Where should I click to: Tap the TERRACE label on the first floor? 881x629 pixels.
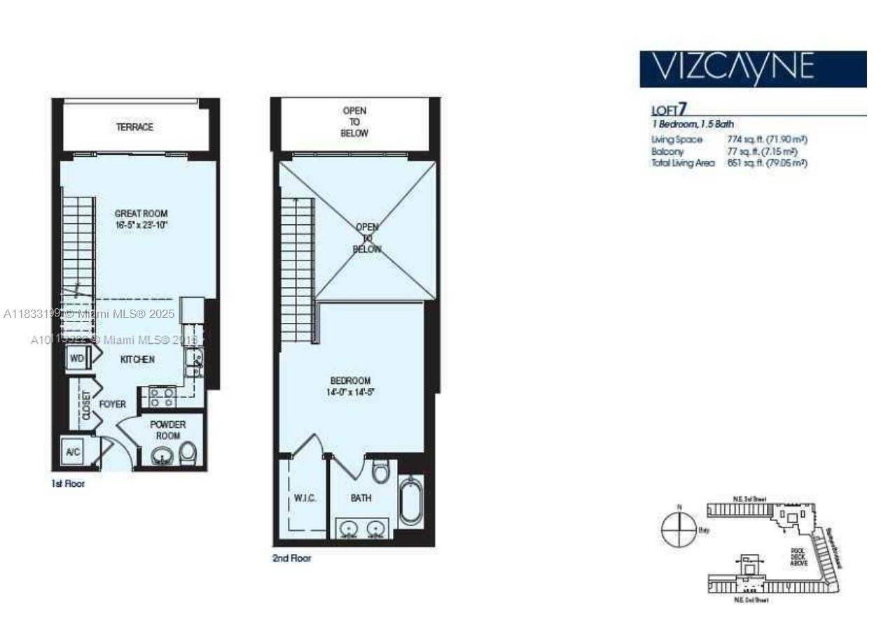pyautogui.click(x=134, y=127)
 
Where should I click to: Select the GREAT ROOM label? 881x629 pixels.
pyautogui.click(x=141, y=219)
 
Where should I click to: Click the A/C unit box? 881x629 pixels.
pyautogui.click(x=73, y=452)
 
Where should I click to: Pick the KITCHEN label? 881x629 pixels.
pyautogui.click(x=137, y=359)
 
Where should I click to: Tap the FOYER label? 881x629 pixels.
pyautogui.click(x=112, y=404)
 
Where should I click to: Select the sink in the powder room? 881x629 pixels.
pyautogui.click(x=163, y=456)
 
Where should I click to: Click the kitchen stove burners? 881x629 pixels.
pyautogui.click(x=162, y=397)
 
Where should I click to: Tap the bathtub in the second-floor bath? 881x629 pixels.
pyautogui.click(x=409, y=501)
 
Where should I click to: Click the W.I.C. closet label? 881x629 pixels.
pyautogui.click(x=305, y=498)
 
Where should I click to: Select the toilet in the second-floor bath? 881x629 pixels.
pyautogui.click(x=380, y=471)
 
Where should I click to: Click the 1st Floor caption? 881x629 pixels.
pyautogui.click(x=68, y=483)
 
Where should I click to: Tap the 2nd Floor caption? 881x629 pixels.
pyautogui.click(x=291, y=558)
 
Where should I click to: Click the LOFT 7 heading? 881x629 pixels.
pyautogui.click(x=669, y=109)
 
